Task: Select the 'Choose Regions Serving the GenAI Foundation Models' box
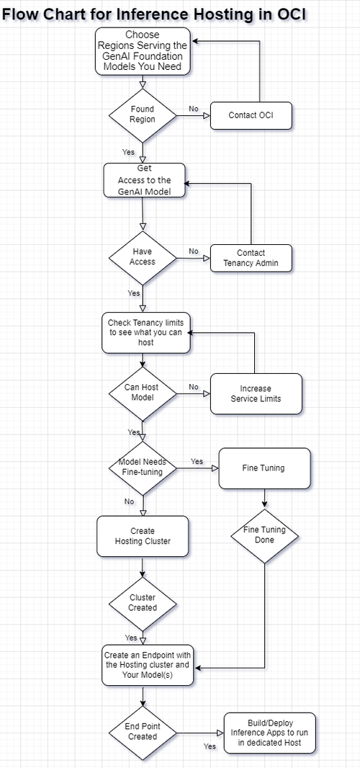[143, 51]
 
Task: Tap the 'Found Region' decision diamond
[143, 115]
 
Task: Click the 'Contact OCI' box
[251, 115]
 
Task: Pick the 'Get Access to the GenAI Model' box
[143, 180]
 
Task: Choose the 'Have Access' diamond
[143, 257]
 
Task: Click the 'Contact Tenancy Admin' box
[251, 258]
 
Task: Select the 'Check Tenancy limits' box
[146, 333]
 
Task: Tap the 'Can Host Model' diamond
[143, 393]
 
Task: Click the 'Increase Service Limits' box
[256, 393]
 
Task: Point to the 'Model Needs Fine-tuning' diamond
[143, 468]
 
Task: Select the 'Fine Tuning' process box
[264, 468]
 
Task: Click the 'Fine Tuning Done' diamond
[264, 535]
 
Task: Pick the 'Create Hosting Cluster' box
[143, 536]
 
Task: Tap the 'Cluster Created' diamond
[143, 602]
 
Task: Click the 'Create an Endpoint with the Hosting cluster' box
[147, 665]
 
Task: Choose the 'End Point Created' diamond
[143, 731]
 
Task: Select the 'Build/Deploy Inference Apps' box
[269, 733]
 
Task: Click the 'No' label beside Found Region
[194, 109]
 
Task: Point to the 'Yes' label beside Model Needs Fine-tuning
[197, 461]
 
